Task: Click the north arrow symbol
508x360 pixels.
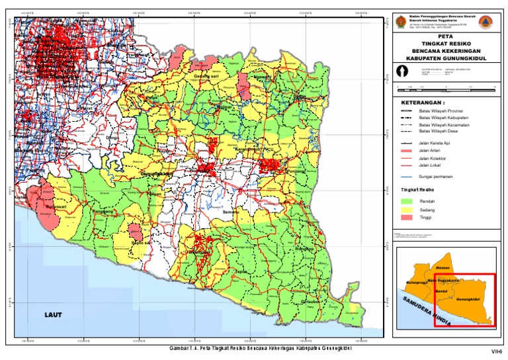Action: click(x=401, y=71)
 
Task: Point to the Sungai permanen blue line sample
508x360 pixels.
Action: click(x=406, y=177)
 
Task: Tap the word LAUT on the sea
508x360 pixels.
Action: click(x=54, y=315)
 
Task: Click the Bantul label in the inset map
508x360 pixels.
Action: click(x=443, y=291)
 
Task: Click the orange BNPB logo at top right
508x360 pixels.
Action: click(x=487, y=20)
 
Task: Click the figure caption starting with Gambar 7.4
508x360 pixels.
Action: click(x=260, y=347)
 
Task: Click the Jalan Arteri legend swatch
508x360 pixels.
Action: click(x=406, y=151)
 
